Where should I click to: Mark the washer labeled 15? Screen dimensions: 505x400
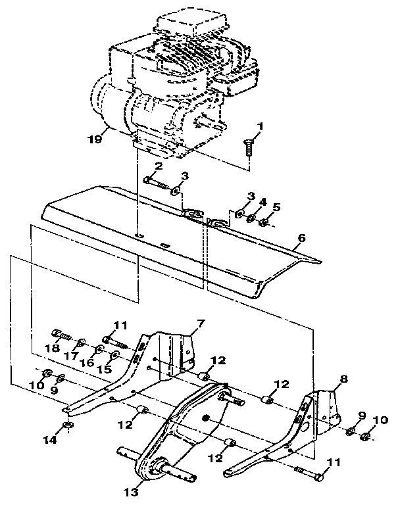point(114,356)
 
